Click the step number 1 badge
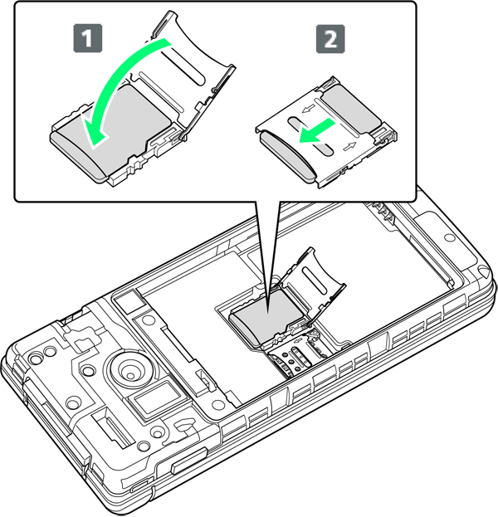(87, 38)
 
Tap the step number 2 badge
(330, 38)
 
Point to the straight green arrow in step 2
(317, 132)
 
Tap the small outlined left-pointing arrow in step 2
(309, 109)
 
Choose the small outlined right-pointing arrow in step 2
(350, 146)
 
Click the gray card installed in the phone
(266, 316)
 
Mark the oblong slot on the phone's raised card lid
(315, 280)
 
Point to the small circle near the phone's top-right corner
(450, 237)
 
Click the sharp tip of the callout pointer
(268, 314)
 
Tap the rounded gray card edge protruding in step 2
(286, 156)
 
